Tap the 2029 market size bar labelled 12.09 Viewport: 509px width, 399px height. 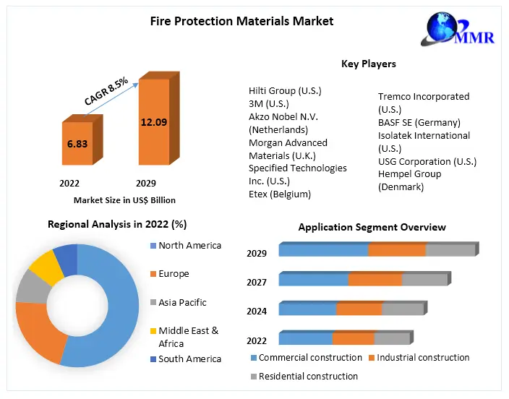pyautogui.click(x=153, y=123)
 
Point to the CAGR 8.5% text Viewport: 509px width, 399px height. pyautogui.click(x=106, y=92)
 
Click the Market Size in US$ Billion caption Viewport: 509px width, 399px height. pyautogui.click(x=124, y=199)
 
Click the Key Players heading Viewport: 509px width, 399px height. pyautogui.click(x=368, y=64)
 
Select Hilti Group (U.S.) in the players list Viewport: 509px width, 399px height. pyautogui.click(x=285, y=90)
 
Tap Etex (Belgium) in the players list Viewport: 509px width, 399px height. pyautogui.click(x=280, y=194)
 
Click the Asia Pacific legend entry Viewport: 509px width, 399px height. pyautogui.click(x=182, y=302)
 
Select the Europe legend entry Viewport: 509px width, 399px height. pyautogui.click(x=174, y=274)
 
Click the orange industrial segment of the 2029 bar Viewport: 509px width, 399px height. pyautogui.click(x=397, y=250)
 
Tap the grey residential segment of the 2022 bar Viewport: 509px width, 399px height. pyautogui.click(x=392, y=338)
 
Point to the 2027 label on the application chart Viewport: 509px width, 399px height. pyautogui.click(x=257, y=283)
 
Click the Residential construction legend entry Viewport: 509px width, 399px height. pyautogui.click(x=309, y=376)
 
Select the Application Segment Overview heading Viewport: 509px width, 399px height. pyautogui.click(x=372, y=227)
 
